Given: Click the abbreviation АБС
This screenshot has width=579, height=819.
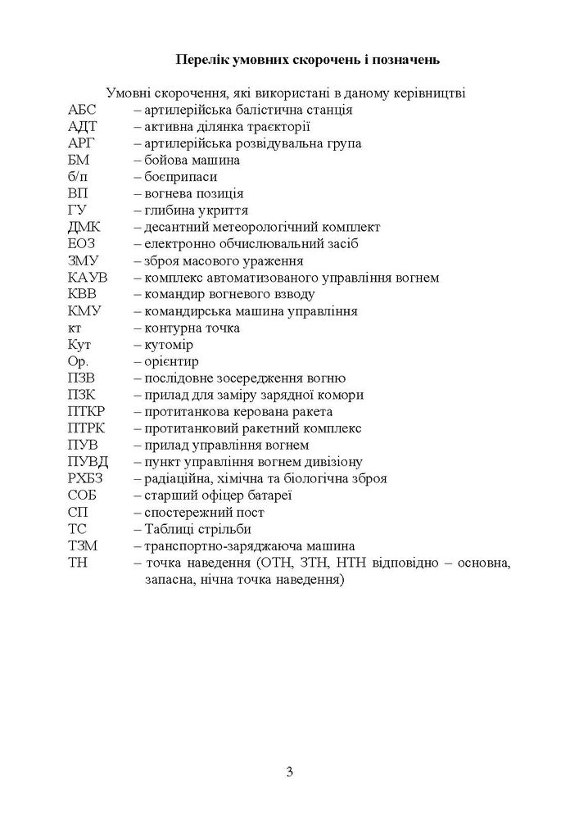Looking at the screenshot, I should click(84, 110).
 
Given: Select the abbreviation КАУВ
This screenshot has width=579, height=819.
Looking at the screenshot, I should click(89, 278).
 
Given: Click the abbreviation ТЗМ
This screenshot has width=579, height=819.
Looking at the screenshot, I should click(85, 545).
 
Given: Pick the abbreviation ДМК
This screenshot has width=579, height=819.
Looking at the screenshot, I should click(86, 227).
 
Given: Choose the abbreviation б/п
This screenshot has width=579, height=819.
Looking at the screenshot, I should click(80, 177).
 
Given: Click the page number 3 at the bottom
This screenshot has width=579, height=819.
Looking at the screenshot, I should click(289, 771).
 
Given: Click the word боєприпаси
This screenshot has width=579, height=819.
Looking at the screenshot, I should click(180, 177).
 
